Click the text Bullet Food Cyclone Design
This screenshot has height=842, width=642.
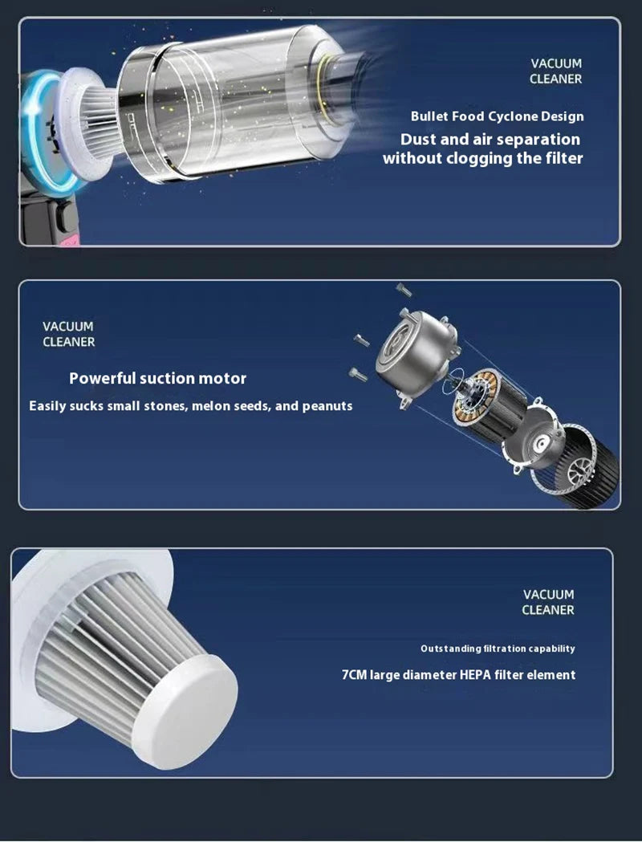click(x=497, y=116)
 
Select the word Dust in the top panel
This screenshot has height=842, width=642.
click(x=419, y=139)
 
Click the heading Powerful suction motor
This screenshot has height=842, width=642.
click(x=157, y=378)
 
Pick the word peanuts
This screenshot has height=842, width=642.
click(x=326, y=406)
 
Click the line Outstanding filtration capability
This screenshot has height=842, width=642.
click(x=498, y=649)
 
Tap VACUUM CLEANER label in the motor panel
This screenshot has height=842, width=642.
click(x=68, y=334)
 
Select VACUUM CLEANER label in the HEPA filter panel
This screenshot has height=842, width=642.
click(x=548, y=602)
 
